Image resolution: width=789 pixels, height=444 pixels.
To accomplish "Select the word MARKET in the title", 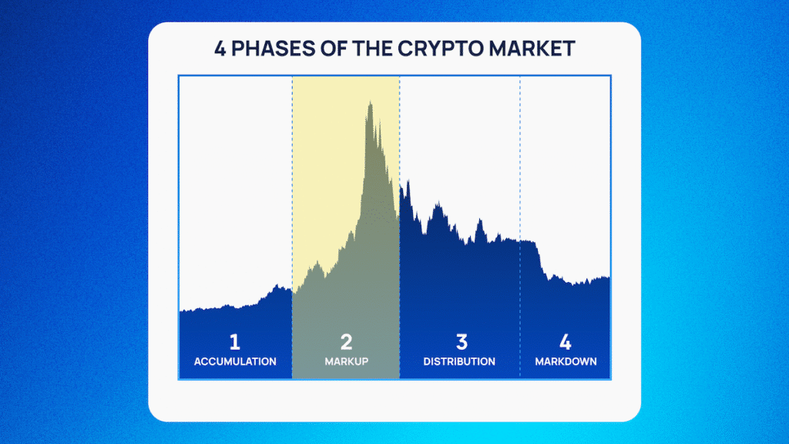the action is [x=532, y=49].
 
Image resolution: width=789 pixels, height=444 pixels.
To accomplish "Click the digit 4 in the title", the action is [x=220, y=49].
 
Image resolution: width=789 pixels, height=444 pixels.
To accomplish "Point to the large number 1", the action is [x=234, y=342].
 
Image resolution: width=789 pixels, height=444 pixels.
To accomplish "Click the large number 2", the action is [x=346, y=342].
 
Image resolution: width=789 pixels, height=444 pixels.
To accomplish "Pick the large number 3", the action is [x=462, y=342].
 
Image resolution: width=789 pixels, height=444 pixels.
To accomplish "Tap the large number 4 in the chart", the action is [x=565, y=342].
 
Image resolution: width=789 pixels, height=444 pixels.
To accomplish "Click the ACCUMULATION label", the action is [x=235, y=362].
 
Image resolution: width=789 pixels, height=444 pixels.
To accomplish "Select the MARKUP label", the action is [x=346, y=362].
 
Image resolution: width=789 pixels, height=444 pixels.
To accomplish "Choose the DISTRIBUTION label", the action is [x=459, y=362].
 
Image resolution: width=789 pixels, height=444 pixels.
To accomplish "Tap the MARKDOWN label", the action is [x=566, y=362].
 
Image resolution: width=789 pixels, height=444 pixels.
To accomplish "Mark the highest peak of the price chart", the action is [x=371, y=103].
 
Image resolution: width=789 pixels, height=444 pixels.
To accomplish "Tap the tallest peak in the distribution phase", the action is [x=408, y=182].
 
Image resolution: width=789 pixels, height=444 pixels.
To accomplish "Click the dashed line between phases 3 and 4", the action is [x=520, y=227].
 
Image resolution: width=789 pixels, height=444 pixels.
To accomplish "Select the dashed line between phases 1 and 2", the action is [x=292, y=227].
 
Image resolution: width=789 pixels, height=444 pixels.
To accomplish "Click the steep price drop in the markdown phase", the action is [x=540, y=259].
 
